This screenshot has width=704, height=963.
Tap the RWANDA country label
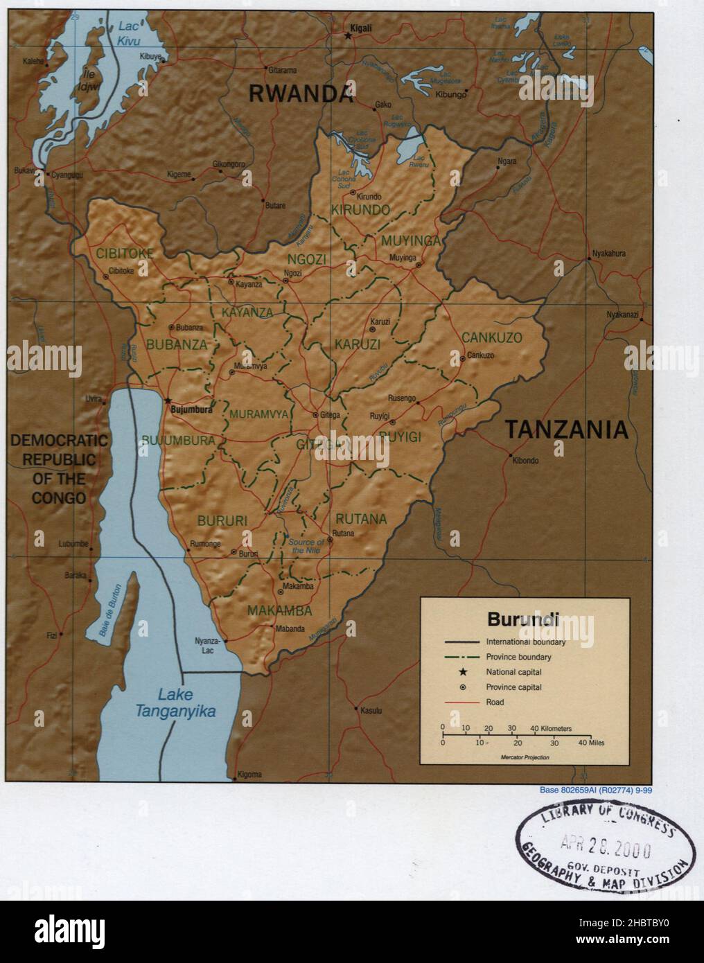point(301,94)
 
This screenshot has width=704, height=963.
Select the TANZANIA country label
point(566,430)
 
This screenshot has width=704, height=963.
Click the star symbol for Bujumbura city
point(167,400)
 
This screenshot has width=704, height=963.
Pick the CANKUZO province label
point(492,337)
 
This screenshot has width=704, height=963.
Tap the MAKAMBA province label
point(279,611)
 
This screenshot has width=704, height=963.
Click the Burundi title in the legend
point(524,618)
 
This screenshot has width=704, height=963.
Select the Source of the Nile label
point(306,546)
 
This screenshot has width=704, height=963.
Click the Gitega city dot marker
point(315,415)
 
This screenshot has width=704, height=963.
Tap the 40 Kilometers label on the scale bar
point(551,729)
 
